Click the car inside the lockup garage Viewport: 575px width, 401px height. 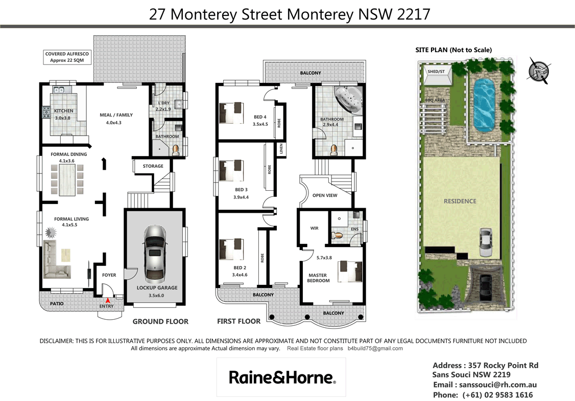pyautogui.click(x=155, y=254)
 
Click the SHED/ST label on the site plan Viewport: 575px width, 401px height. pyautogui.click(x=436, y=72)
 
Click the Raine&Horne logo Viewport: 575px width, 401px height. pyautogui.click(x=281, y=377)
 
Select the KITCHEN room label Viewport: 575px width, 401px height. pyautogui.click(x=64, y=111)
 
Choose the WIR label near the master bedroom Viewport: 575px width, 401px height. pyautogui.click(x=314, y=228)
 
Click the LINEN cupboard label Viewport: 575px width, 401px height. pyautogui.click(x=280, y=149)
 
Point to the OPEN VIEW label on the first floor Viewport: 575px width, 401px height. pyautogui.click(x=325, y=195)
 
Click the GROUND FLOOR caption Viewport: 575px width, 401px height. pyautogui.click(x=160, y=322)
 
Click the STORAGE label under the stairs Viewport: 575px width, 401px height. pyautogui.click(x=153, y=166)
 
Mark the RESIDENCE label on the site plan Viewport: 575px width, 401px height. pyautogui.click(x=460, y=201)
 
